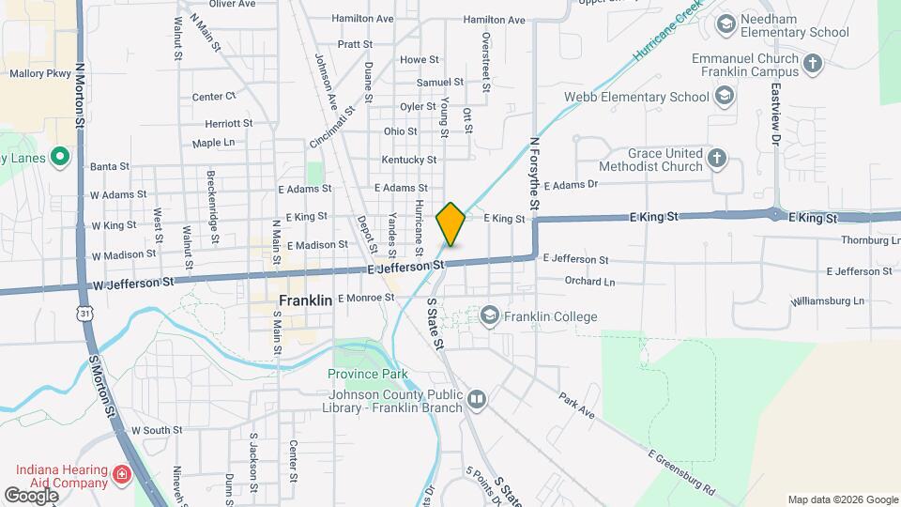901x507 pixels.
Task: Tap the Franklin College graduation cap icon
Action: [489, 316]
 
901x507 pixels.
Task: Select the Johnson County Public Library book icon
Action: [478, 402]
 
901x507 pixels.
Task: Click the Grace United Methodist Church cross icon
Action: [718, 158]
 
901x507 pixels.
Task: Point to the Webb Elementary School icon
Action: [725, 97]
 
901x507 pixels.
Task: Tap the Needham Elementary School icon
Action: [725, 23]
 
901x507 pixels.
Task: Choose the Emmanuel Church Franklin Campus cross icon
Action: [813, 64]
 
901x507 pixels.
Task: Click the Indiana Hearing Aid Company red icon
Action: [120, 476]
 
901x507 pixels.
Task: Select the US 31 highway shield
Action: [86, 313]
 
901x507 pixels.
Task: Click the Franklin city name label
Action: [306, 301]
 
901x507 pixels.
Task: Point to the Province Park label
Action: [368, 374]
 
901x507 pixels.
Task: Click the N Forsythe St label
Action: [534, 174]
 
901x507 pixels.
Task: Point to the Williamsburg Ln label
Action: [827, 301]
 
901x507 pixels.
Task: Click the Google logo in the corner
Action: [32, 495]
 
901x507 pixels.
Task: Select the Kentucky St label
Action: [409, 161]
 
